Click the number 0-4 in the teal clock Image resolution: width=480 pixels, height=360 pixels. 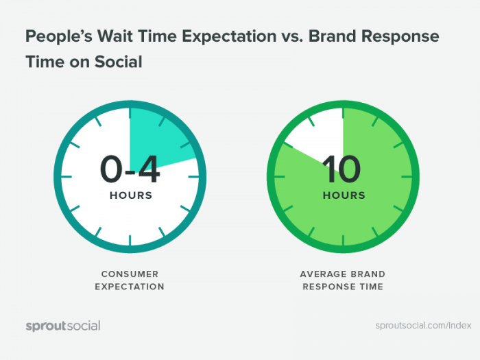[130, 169]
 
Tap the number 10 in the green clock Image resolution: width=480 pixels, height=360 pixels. [342, 169]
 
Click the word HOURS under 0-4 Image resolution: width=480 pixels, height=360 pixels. [131, 195]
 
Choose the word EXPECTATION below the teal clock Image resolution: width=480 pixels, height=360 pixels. [131, 287]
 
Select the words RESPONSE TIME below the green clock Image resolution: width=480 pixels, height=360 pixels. [344, 287]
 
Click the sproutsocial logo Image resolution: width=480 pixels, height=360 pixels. [63, 326]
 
